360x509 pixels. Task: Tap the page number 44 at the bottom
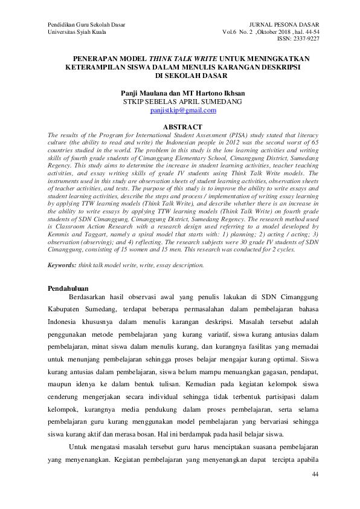point(315,475)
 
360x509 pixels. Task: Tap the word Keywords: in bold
point(62,265)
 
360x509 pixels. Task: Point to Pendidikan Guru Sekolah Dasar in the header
point(86,24)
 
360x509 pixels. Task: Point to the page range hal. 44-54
point(304,31)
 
